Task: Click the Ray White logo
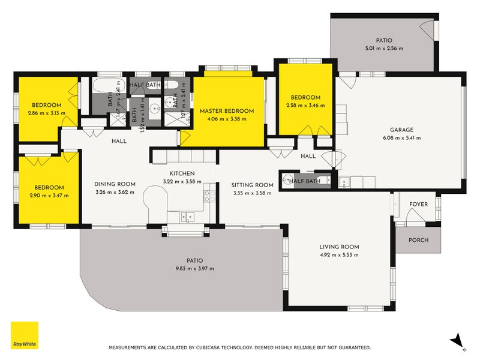[25, 335]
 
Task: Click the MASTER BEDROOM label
[227, 111]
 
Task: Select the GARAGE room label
[401, 130]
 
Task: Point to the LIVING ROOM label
[339, 247]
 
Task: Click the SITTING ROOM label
[253, 185]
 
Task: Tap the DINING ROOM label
[115, 184]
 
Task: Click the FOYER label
[418, 204]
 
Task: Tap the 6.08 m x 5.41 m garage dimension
[401, 137]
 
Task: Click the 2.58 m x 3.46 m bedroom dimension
[305, 105]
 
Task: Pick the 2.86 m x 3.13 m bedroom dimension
[46, 112]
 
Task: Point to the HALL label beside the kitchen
[118, 142]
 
